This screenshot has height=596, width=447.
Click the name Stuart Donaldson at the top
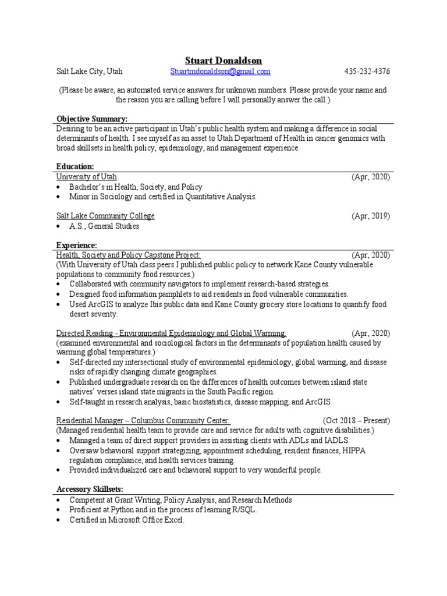point(223,61)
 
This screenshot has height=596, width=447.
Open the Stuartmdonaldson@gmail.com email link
point(221,72)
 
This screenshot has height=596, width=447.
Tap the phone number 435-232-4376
point(367,72)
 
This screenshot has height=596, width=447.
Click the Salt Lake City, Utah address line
point(89,72)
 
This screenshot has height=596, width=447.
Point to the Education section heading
point(75,166)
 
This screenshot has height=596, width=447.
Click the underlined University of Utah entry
point(86,177)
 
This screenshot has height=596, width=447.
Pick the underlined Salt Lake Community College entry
point(105,216)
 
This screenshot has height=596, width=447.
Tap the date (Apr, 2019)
point(370,216)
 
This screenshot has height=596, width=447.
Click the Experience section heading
point(77,245)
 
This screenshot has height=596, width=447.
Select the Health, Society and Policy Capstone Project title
point(129,255)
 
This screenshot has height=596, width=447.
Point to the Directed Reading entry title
point(171,334)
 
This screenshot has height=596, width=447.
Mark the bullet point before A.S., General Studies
point(60,226)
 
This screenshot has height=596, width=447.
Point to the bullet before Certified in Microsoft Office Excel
point(60,520)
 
